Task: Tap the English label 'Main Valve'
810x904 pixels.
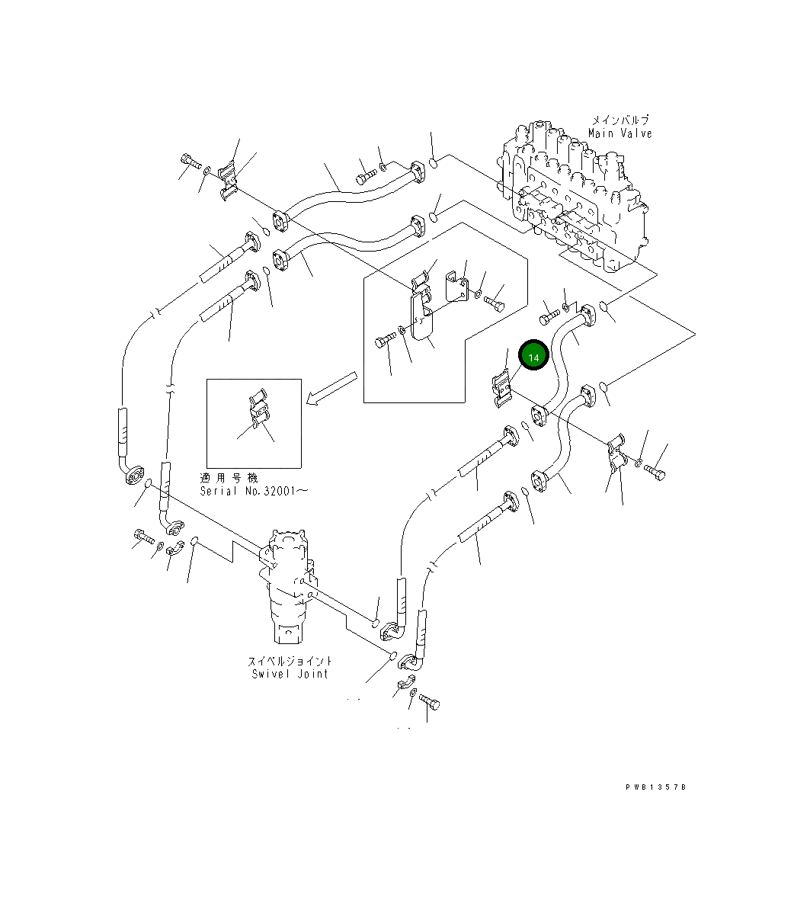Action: (620, 133)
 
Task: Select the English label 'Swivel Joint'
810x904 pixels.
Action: (290, 674)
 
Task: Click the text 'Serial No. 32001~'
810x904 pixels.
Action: (254, 491)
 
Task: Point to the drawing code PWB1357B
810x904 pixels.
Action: (656, 787)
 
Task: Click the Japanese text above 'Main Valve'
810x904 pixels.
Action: (620, 120)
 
